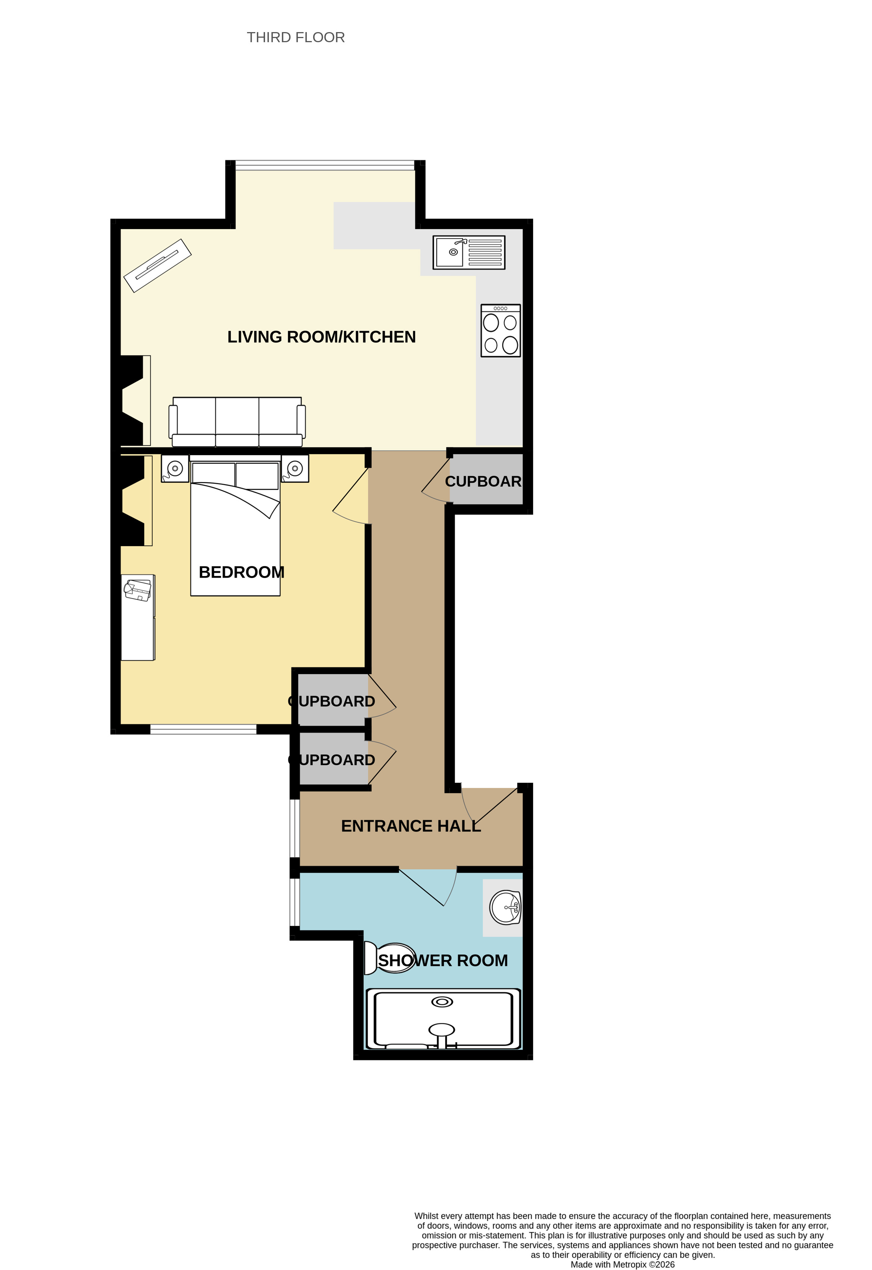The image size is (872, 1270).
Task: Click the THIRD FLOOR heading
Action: pos(296,37)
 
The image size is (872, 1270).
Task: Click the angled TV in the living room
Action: pos(158,266)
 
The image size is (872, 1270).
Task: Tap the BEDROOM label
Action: pos(242,572)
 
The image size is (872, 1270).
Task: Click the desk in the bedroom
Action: pos(138,617)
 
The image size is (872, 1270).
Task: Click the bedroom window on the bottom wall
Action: pos(203,729)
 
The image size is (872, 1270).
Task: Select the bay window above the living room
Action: pos(325,165)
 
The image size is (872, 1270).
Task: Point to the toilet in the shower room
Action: pos(389,958)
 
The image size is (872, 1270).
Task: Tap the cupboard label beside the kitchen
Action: pos(483,481)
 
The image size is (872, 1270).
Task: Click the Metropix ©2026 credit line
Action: pos(623,1264)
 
